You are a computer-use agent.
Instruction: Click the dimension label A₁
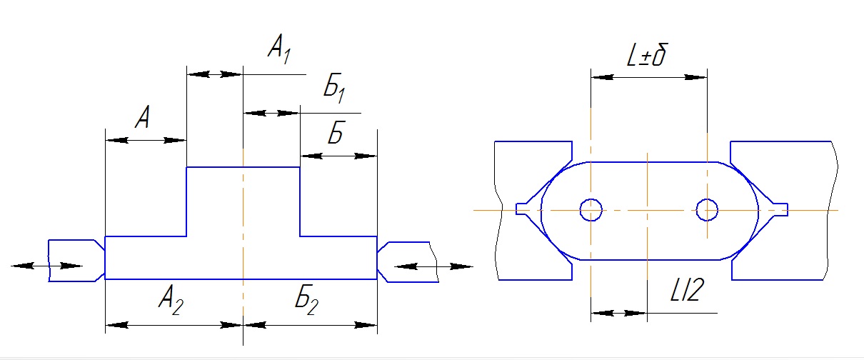click(279, 49)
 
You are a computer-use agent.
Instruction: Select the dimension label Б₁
click(334, 88)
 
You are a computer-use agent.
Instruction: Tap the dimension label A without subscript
click(142, 117)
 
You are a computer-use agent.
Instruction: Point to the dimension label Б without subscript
click(336, 132)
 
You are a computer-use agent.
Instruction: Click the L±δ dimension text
click(647, 56)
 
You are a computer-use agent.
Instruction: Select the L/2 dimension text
click(688, 289)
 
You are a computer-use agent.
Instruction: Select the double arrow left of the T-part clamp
click(46, 266)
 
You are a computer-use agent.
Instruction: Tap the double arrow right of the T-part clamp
click(433, 266)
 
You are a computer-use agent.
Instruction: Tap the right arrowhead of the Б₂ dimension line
click(366, 325)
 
